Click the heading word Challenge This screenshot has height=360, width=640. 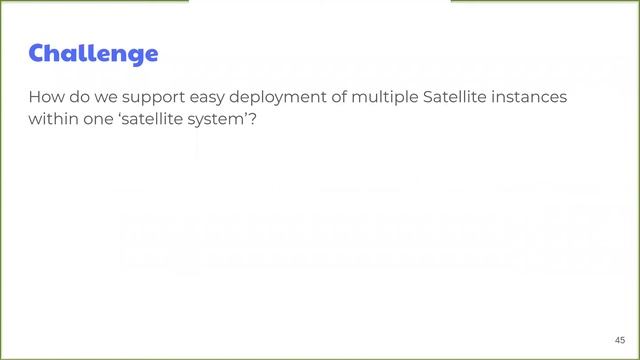click(x=93, y=53)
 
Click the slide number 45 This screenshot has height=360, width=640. click(x=620, y=339)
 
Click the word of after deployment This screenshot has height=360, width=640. click(x=346, y=99)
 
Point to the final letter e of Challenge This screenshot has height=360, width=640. click(x=150, y=55)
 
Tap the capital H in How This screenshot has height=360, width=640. click(x=35, y=99)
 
